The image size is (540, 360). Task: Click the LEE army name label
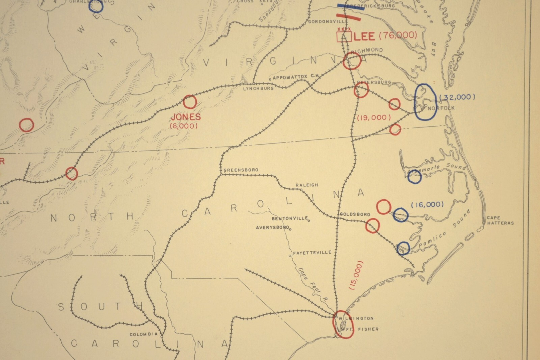[x=365, y=36]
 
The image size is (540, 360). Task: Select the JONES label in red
[x=186, y=117]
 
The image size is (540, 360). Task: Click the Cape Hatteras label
[x=500, y=221]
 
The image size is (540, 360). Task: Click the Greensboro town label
[x=241, y=170]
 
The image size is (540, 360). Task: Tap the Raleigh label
[x=307, y=185]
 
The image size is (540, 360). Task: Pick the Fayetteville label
[x=312, y=253]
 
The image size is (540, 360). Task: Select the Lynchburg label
[x=259, y=88]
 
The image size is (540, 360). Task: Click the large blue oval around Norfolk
[x=425, y=102]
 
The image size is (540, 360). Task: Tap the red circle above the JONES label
[x=190, y=102]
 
